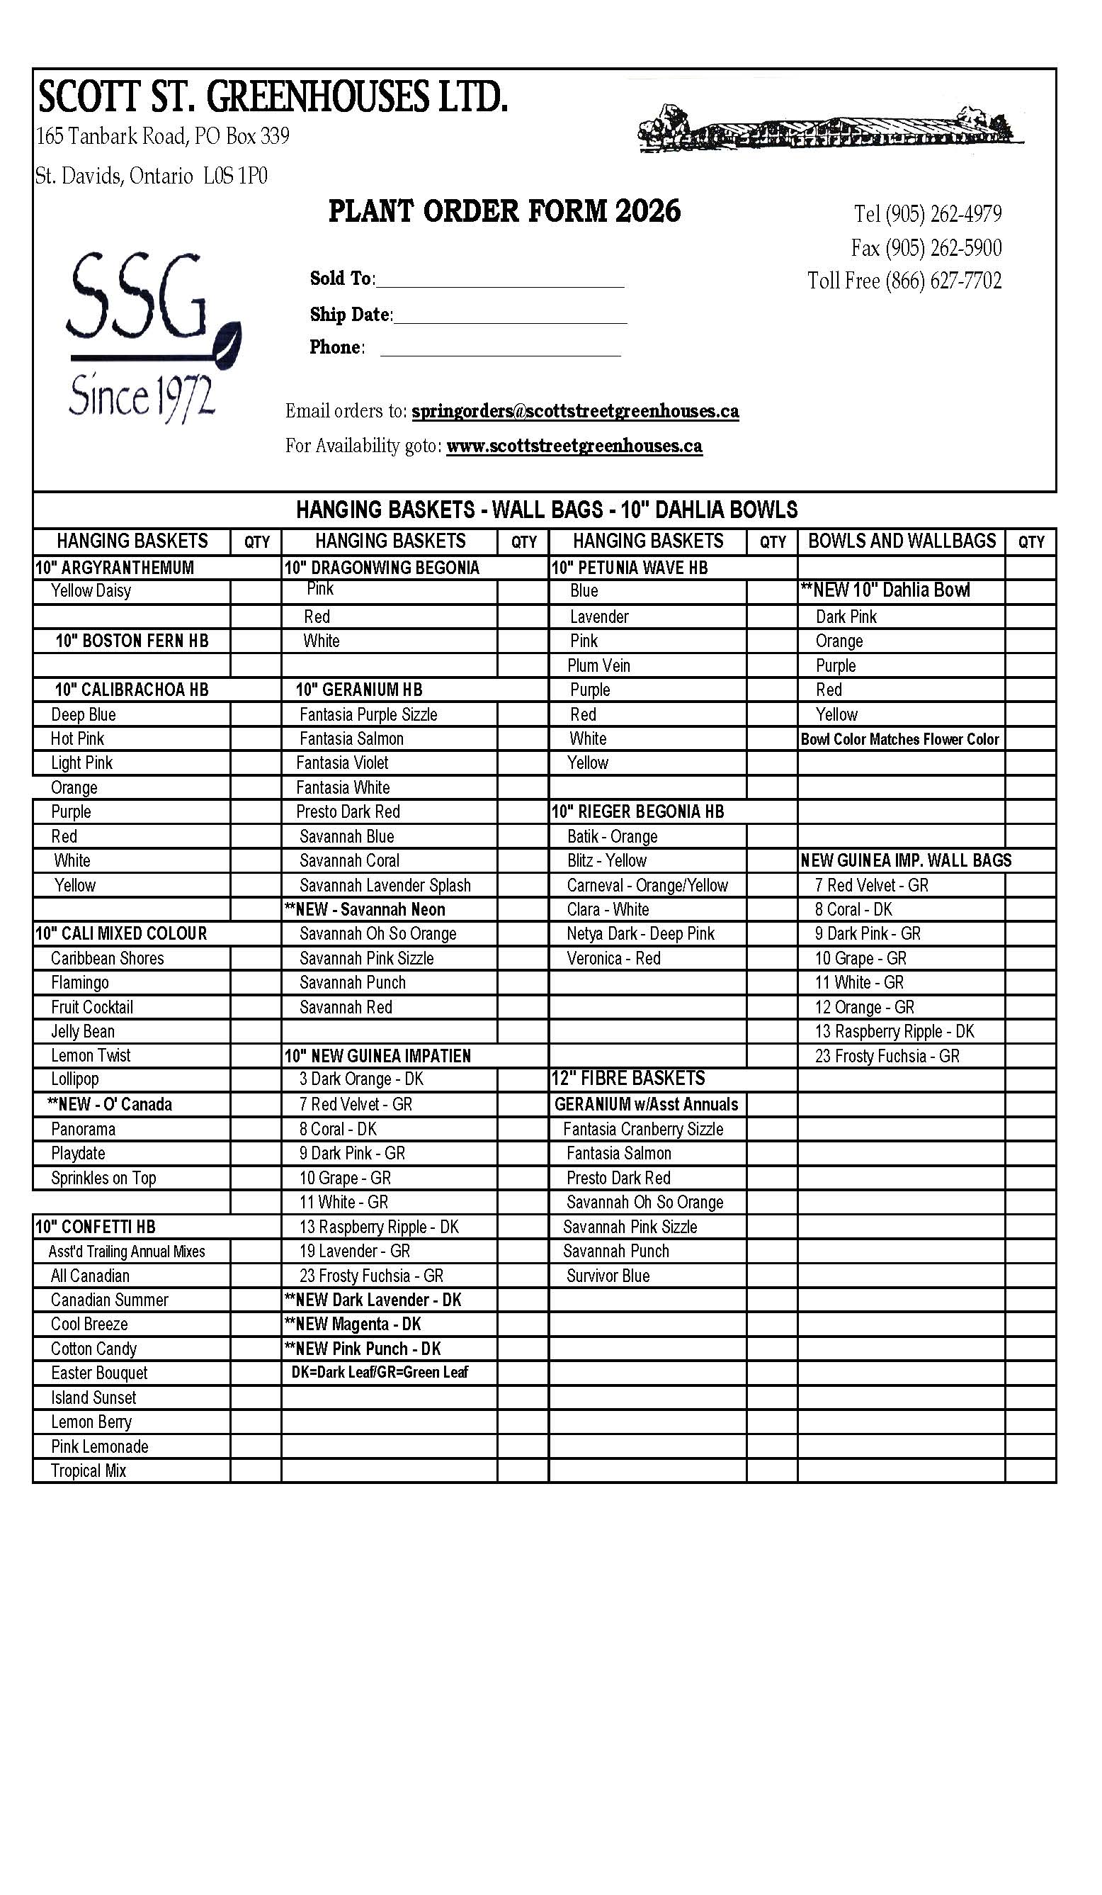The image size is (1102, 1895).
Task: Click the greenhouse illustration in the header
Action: click(831, 128)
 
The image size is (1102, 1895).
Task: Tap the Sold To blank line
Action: click(500, 280)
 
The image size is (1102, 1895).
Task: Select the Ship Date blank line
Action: click(510, 316)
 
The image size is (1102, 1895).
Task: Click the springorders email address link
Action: click(575, 411)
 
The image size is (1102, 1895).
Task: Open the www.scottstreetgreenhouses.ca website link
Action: click(574, 446)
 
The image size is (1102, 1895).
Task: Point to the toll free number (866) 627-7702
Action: click(904, 281)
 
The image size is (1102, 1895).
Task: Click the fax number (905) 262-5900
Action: click(926, 247)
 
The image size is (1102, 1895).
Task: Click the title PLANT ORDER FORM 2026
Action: click(504, 211)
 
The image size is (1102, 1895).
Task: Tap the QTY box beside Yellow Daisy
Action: click(256, 591)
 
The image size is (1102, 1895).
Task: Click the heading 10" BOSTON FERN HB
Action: click(132, 641)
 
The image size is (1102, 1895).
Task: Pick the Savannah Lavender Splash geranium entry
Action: click(385, 885)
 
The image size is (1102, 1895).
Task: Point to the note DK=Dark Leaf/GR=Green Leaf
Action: click(380, 1373)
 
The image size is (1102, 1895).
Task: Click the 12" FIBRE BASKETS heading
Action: click(628, 1079)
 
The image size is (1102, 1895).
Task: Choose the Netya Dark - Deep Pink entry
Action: click(640, 934)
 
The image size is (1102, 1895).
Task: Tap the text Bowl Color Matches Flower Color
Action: click(899, 739)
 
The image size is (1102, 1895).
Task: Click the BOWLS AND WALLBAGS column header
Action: click(902, 541)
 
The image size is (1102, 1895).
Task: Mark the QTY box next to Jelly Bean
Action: click(256, 1031)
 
